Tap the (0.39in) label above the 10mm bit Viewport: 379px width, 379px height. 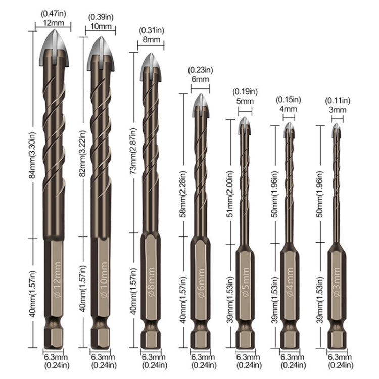point(101,18)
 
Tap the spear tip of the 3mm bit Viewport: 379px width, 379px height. point(337,129)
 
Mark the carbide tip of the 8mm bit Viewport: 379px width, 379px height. point(150,63)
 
